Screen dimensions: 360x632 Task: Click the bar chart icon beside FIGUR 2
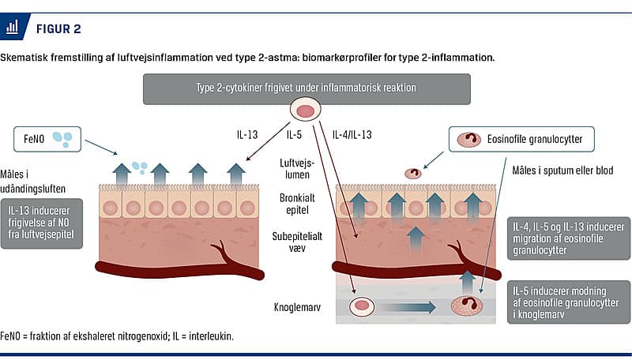[x=13, y=28]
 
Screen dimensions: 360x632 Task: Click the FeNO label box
[x=47, y=141]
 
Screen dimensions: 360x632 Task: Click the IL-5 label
[x=295, y=135]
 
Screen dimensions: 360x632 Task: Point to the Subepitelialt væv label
[x=304, y=241]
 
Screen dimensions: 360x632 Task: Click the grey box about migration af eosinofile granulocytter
[x=566, y=238]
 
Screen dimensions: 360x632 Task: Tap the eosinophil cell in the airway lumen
[x=413, y=173]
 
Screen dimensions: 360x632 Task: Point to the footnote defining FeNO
[x=118, y=336]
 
